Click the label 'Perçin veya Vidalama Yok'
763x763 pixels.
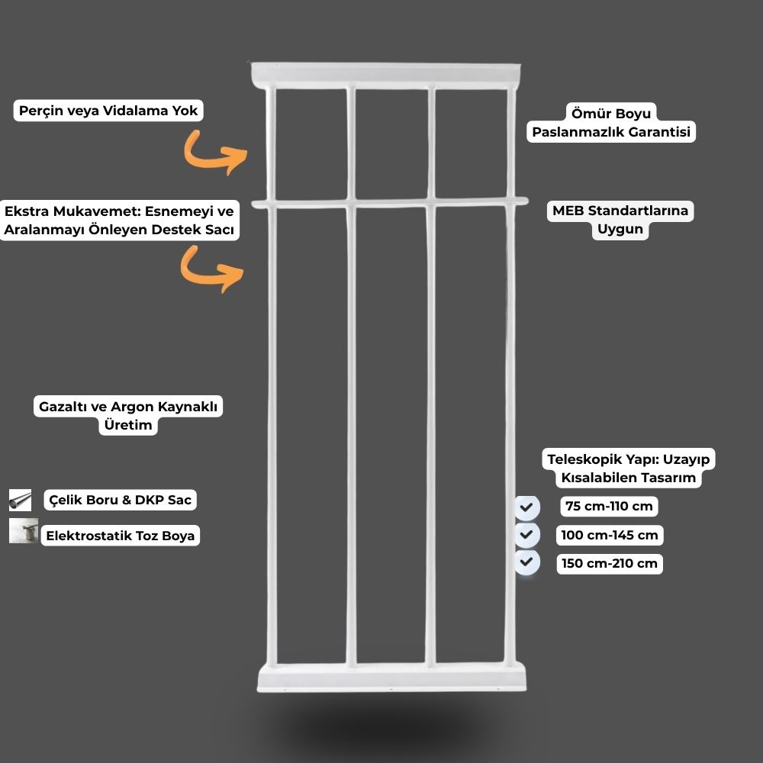pyautogui.click(x=108, y=111)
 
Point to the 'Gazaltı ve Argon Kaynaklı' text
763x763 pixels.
pyautogui.click(x=128, y=407)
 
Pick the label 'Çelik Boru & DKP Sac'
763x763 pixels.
pyautogui.click(x=121, y=500)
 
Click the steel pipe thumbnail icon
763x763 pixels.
pyautogui.click(x=20, y=501)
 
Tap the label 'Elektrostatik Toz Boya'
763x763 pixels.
pyautogui.click(x=121, y=536)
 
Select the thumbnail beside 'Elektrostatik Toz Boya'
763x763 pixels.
pyautogui.click(x=24, y=530)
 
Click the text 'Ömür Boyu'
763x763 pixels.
pyautogui.click(x=610, y=114)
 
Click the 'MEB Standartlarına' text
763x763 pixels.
pyautogui.click(x=620, y=211)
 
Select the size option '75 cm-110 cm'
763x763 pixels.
pyautogui.click(x=609, y=507)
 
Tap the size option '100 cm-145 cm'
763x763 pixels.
pyautogui.click(x=609, y=536)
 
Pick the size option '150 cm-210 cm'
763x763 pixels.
pyautogui.click(x=609, y=564)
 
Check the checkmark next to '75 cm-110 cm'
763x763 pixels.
pyautogui.click(x=527, y=507)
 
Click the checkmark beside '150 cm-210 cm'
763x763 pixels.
pyautogui.click(x=527, y=562)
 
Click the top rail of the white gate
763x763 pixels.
pyautogui.click(x=386, y=75)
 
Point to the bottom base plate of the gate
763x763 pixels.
pyautogui.click(x=391, y=677)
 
